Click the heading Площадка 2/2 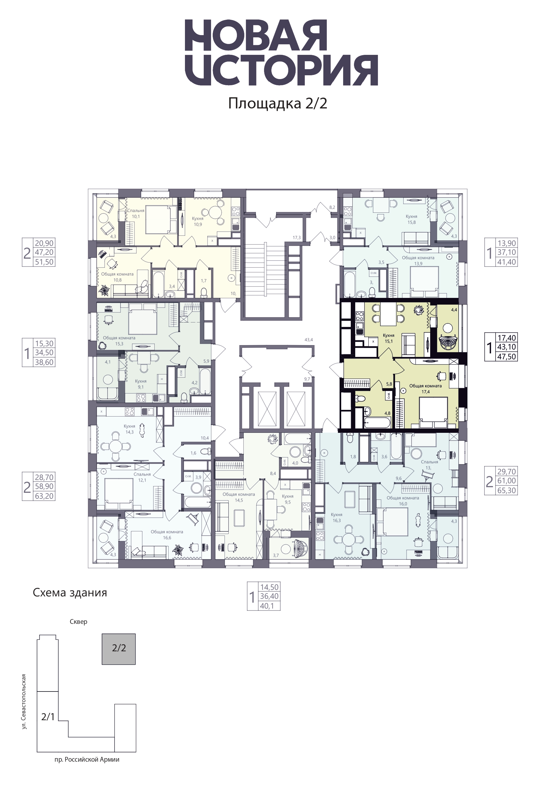(x=278, y=103)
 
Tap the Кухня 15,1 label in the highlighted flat (x=388, y=338)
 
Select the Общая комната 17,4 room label (x=425, y=388)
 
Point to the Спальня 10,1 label (x=136, y=214)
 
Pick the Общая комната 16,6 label (x=167, y=535)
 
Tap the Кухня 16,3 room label (x=336, y=517)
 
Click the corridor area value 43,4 (x=309, y=340)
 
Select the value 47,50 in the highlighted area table (x=506, y=357)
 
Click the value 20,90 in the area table (x=44, y=243)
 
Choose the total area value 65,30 (x=506, y=490)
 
